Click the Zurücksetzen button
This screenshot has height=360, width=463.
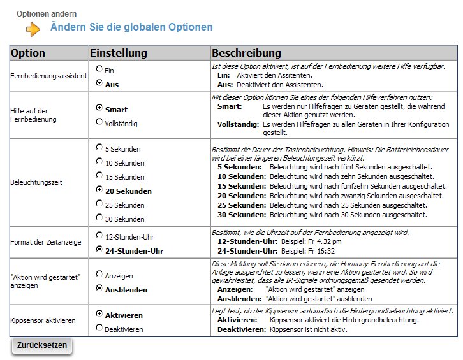click(42, 345)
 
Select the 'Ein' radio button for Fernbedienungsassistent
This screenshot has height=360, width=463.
click(99, 68)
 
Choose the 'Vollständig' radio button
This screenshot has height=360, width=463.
click(99, 122)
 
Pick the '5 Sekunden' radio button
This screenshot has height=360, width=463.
click(99, 147)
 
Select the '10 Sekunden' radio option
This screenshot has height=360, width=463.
click(99, 161)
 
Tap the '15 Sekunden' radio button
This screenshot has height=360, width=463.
click(99, 175)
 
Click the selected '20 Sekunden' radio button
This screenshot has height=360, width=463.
click(99, 189)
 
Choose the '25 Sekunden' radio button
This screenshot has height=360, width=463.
click(99, 203)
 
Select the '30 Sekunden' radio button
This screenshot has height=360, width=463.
click(99, 217)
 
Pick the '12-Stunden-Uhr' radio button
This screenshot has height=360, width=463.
click(99, 236)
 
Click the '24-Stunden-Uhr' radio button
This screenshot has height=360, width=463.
click(99, 250)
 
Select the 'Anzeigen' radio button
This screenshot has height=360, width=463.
click(99, 274)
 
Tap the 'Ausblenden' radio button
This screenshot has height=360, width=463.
click(99, 288)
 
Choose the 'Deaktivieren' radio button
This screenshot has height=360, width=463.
click(99, 328)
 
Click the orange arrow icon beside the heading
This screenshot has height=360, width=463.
click(33, 29)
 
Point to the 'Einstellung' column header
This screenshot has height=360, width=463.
click(119, 52)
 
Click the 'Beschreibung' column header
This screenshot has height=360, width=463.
click(247, 52)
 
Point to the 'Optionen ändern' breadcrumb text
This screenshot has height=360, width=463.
click(47, 13)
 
